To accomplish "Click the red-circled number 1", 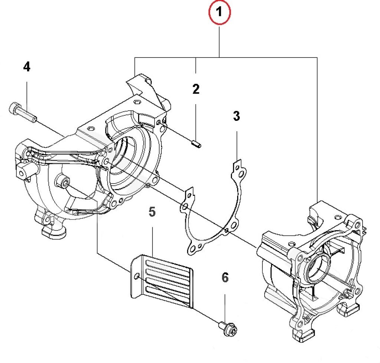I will click(220, 13).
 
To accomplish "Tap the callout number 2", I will click(196, 89).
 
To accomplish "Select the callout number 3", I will click(236, 116).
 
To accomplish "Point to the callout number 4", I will click(26, 67).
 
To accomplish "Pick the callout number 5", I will click(152, 212).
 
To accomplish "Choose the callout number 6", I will click(225, 277).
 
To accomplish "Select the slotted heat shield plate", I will click(163, 280).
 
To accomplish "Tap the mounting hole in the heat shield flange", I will click(137, 276).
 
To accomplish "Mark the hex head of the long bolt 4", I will click(14, 108).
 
